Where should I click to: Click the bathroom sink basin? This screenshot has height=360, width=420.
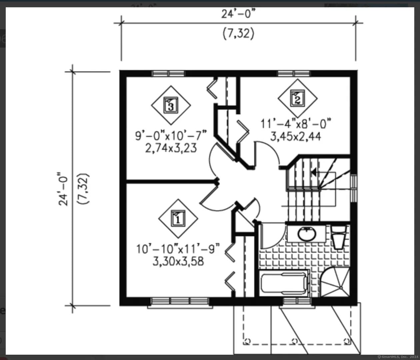(307, 234)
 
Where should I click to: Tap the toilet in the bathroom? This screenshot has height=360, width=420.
(339, 237)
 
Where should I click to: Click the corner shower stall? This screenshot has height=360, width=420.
(335, 282)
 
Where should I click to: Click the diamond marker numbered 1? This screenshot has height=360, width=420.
(178, 219)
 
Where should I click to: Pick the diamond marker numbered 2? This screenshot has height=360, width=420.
(298, 99)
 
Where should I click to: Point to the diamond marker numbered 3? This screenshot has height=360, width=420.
(171, 105)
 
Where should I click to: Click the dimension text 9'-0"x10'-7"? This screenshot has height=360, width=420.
(171, 136)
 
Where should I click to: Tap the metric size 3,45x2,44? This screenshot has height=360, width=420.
(296, 137)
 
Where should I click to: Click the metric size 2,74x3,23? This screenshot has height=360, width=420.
(171, 148)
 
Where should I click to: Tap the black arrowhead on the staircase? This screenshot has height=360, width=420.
(314, 172)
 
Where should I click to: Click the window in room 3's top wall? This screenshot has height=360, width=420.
(168, 73)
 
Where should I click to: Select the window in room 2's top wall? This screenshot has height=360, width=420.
(294, 73)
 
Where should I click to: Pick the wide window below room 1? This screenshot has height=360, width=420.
(180, 301)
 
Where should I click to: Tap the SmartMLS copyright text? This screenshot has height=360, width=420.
(398, 357)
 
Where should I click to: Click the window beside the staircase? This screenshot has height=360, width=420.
(354, 188)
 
